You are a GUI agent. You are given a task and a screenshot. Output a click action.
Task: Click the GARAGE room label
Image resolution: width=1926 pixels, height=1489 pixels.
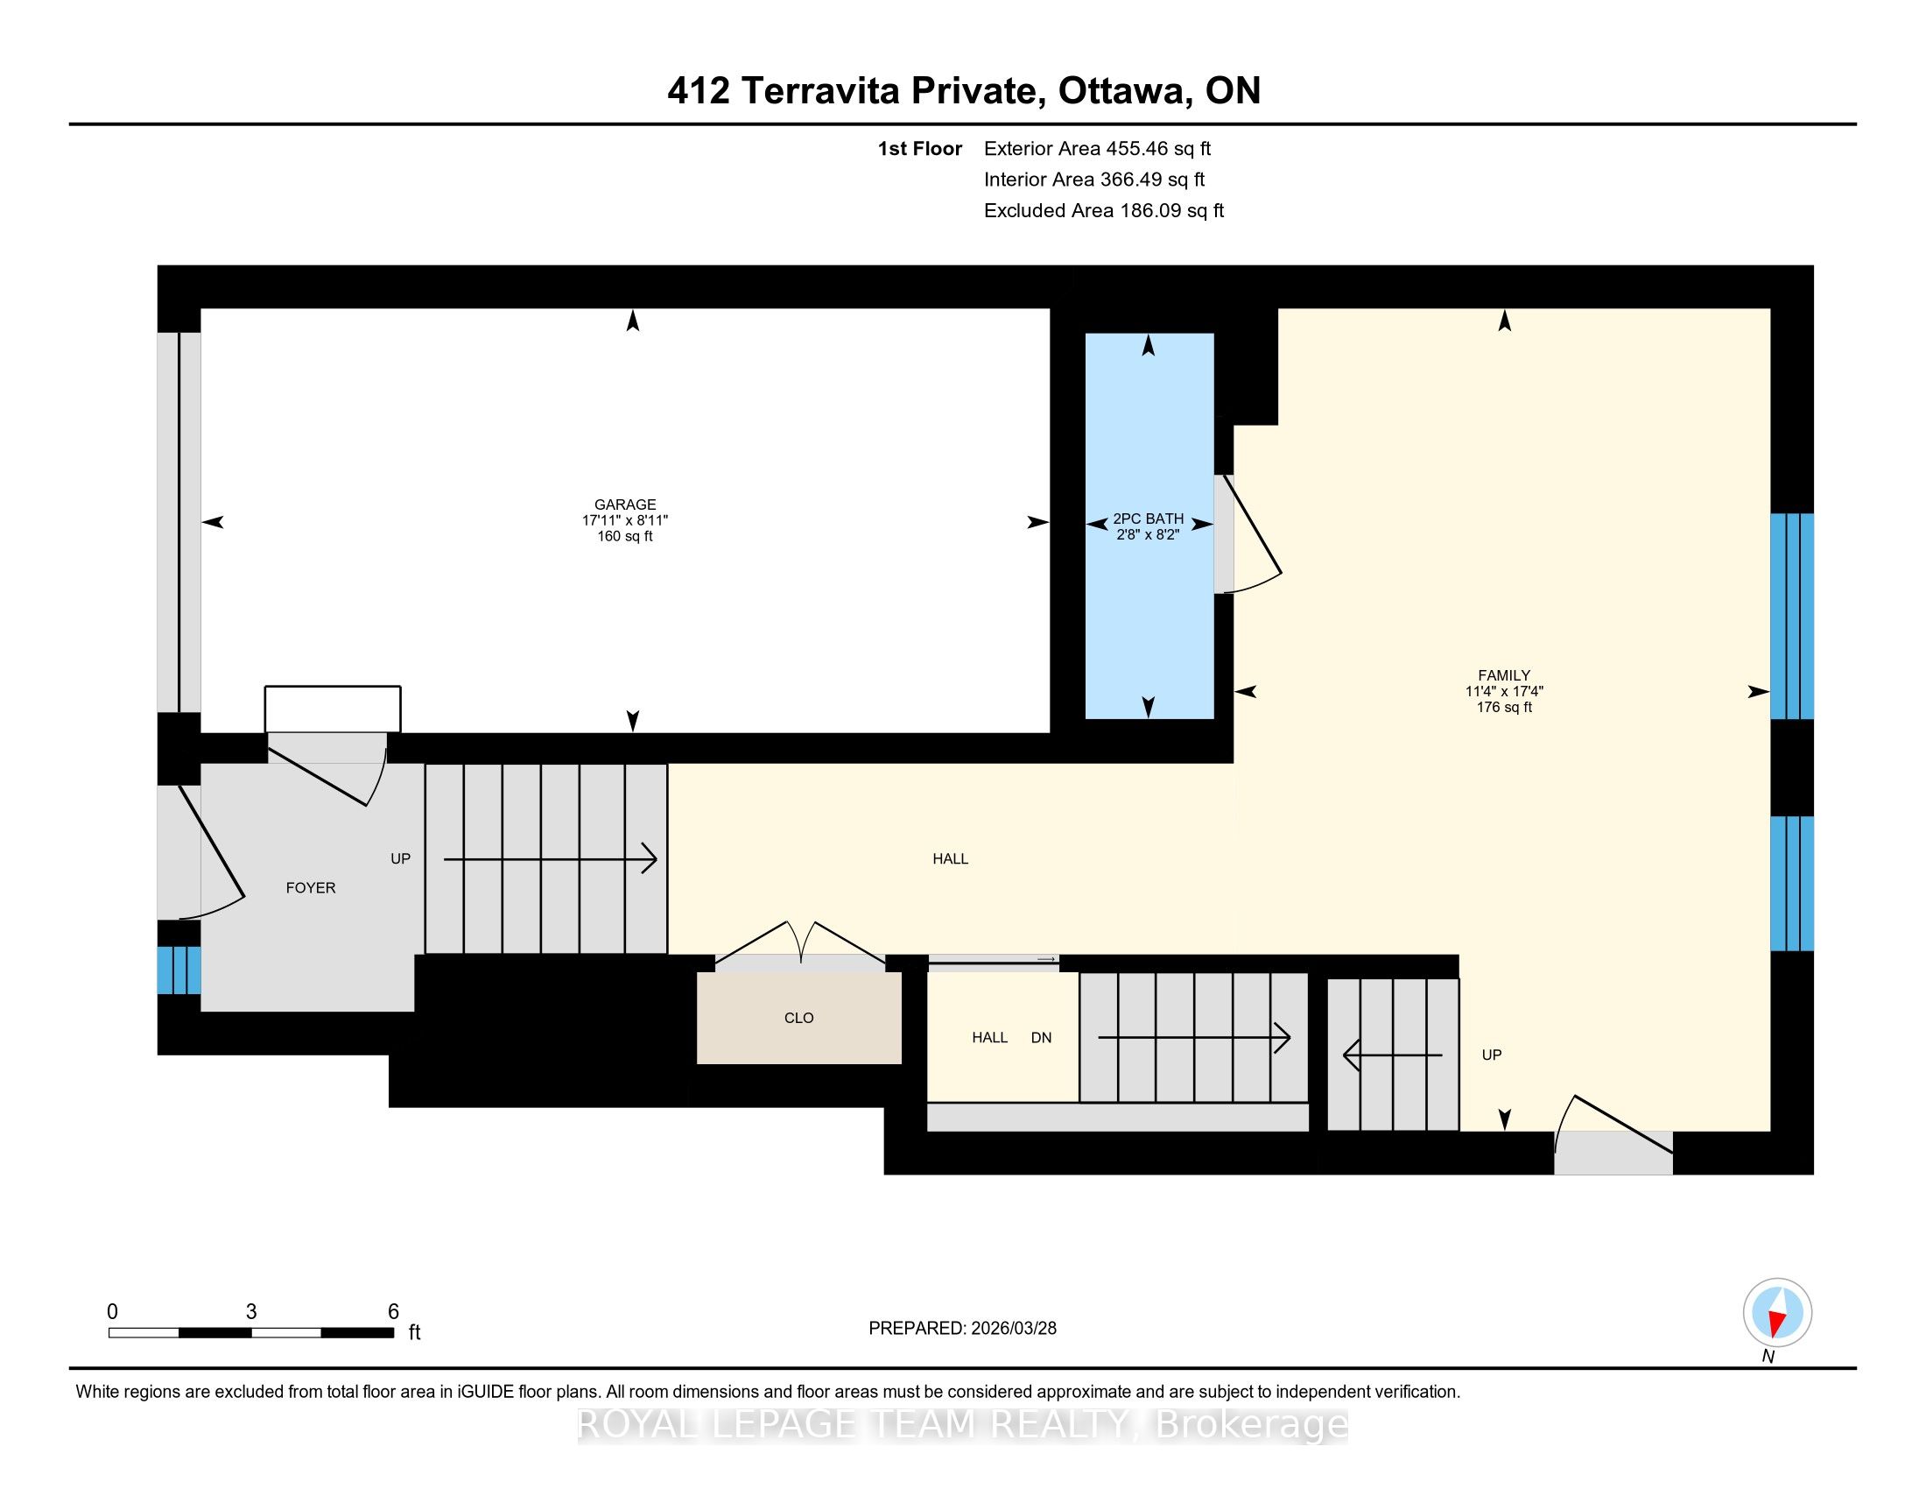click(624, 505)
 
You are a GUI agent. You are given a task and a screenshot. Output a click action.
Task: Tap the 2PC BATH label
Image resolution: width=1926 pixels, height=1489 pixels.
click(1149, 519)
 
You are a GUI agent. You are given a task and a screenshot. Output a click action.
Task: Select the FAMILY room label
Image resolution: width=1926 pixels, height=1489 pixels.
click(1503, 675)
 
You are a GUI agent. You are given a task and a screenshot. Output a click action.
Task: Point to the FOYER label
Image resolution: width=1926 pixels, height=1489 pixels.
click(311, 887)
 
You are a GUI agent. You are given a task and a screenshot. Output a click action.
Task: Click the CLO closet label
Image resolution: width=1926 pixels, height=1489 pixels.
click(799, 1017)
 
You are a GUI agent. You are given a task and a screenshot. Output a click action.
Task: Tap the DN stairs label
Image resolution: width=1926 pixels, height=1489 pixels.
click(1042, 1037)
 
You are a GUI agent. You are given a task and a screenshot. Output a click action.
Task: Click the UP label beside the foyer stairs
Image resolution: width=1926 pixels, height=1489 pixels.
click(400, 858)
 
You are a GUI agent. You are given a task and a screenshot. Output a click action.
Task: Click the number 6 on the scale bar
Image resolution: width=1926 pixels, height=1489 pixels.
click(393, 1311)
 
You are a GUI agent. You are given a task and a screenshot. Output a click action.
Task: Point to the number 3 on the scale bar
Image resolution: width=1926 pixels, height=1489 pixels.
click(251, 1311)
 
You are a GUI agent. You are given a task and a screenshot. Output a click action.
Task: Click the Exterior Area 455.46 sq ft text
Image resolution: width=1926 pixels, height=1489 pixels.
click(1098, 148)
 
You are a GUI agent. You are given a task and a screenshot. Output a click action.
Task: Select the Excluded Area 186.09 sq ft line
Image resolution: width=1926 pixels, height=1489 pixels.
click(1104, 210)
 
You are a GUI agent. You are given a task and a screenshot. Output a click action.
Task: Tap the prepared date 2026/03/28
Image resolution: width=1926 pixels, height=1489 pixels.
click(1013, 1328)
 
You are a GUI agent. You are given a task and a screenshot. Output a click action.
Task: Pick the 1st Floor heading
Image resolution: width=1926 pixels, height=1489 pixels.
click(920, 148)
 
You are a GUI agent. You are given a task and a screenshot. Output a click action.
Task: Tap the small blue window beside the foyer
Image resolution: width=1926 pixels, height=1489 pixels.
click(179, 970)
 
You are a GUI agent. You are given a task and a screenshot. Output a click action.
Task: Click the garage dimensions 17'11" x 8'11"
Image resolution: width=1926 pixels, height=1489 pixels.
click(624, 520)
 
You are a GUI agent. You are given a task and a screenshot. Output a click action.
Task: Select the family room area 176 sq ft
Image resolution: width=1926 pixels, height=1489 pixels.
click(1503, 707)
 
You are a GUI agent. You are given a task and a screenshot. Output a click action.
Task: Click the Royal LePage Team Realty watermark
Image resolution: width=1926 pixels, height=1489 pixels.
click(963, 1424)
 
